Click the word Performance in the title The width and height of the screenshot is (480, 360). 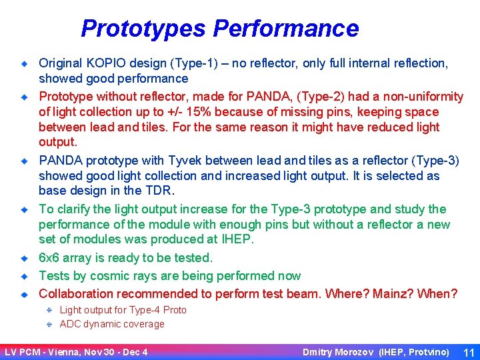click(x=286, y=29)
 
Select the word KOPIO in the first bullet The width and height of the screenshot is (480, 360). click(x=106, y=63)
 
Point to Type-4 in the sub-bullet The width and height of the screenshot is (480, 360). click(x=142, y=309)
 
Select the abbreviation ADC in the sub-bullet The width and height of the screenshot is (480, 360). click(x=70, y=324)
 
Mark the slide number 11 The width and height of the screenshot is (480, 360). click(x=468, y=351)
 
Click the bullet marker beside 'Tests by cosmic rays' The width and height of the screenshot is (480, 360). click(x=23, y=275)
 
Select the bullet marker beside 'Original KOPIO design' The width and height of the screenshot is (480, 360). click(x=23, y=64)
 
